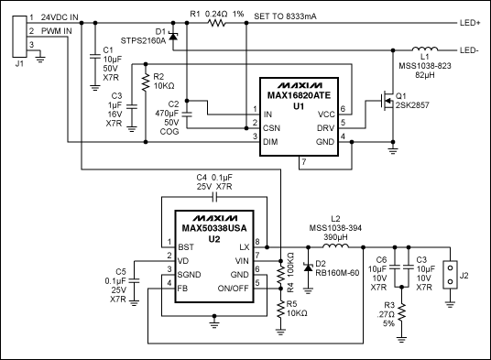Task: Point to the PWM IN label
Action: coord(57,30)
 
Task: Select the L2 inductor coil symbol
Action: coord(336,247)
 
